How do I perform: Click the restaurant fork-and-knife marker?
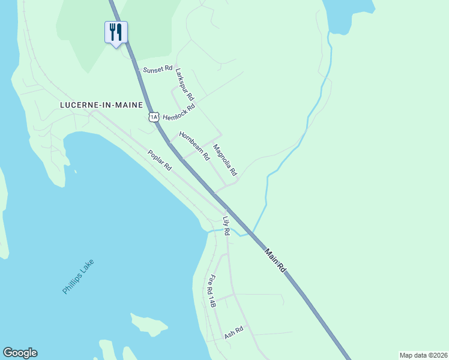116,32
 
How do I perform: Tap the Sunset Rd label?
157,70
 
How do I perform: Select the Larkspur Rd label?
185,85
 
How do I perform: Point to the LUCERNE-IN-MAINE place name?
101,104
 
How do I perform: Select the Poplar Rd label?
160,161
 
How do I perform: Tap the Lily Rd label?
226,226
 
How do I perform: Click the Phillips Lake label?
79,276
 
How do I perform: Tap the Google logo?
20,353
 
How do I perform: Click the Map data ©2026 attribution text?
423,355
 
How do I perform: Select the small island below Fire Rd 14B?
149,325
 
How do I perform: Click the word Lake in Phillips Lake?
88,266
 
